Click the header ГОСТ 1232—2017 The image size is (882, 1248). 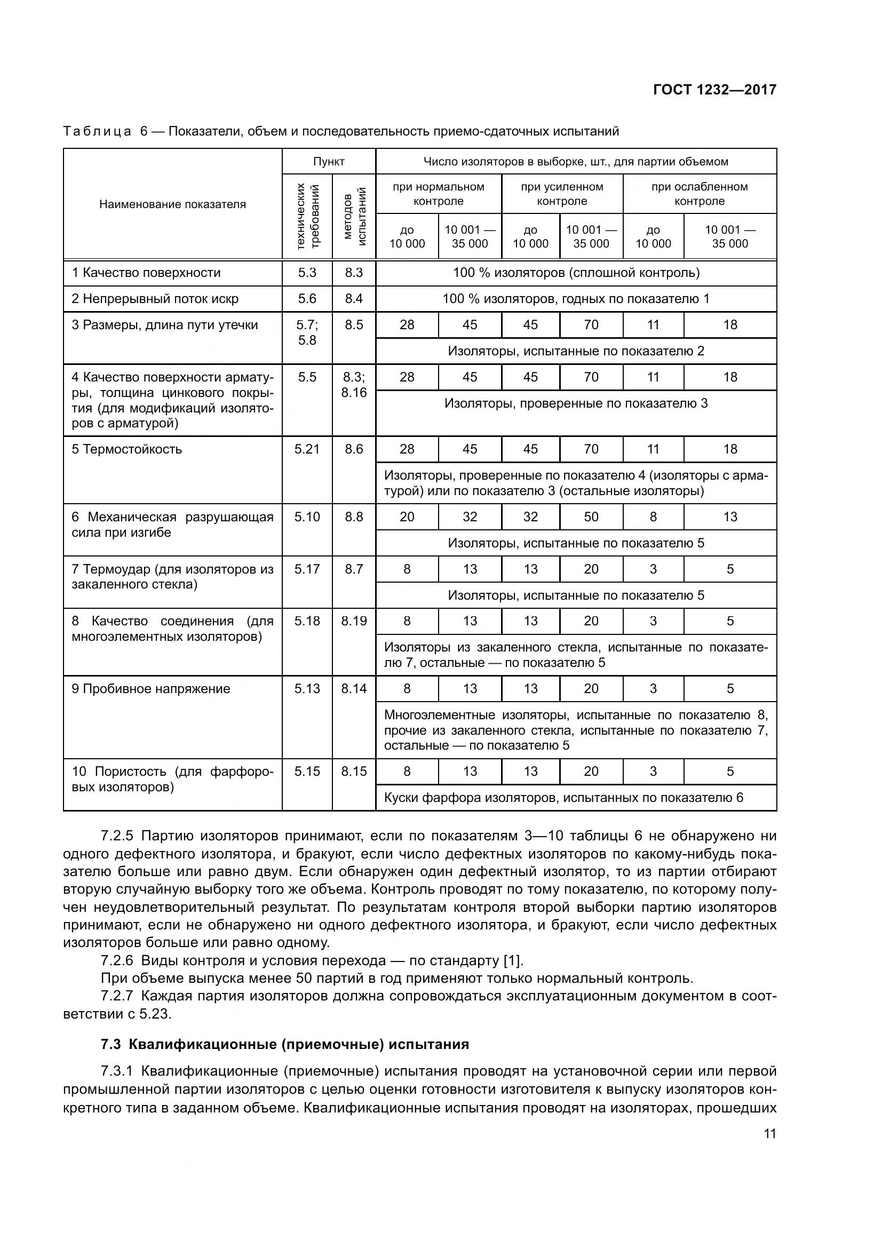click(x=714, y=90)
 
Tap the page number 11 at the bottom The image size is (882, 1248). click(x=769, y=1133)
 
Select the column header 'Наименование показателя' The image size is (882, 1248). click(x=172, y=204)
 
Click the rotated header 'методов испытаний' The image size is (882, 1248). click(x=354, y=216)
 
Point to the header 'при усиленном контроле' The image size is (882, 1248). click(x=562, y=194)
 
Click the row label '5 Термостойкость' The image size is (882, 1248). click(x=126, y=449)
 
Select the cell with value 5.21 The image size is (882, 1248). click(x=307, y=449)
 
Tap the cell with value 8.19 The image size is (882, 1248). click(x=354, y=621)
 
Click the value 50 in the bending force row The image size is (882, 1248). click(x=591, y=516)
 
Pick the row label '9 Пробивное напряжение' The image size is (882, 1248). click(x=151, y=689)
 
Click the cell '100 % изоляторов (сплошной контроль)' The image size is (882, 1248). click(x=576, y=273)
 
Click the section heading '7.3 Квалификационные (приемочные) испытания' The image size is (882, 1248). click(x=285, y=1044)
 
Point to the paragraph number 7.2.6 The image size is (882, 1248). click(x=117, y=960)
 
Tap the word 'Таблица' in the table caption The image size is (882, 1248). click(x=97, y=132)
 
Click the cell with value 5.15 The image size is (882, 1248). click(x=307, y=772)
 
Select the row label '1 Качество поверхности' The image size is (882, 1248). click(x=146, y=273)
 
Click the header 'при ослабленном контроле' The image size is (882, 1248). click(x=700, y=194)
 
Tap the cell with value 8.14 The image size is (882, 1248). click(x=354, y=689)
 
